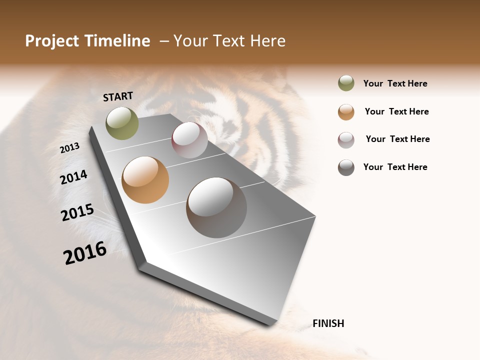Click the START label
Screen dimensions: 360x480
pos(118,96)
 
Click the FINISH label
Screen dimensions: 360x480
pos(328,323)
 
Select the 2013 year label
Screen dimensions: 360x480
pos(69,148)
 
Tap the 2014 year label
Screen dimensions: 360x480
pos(74,177)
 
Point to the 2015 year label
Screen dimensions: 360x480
pos(77,212)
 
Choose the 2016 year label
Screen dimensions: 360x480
pos(85,253)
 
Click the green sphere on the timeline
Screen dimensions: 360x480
pos(122,123)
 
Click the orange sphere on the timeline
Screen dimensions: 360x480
pos(145,180)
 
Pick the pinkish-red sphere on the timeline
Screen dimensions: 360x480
pos(189,140)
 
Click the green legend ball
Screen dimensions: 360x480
pos(346,83)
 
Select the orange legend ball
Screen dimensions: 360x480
pos(346,111)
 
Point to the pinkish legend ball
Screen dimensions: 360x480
pos(346,139)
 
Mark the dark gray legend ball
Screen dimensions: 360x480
pos(346,167)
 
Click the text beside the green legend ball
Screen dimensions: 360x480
pos(395,83)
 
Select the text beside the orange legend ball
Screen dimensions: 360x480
pos(396,111)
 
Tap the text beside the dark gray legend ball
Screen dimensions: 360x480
pos(395,167)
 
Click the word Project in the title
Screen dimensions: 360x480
pos(52,41)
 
